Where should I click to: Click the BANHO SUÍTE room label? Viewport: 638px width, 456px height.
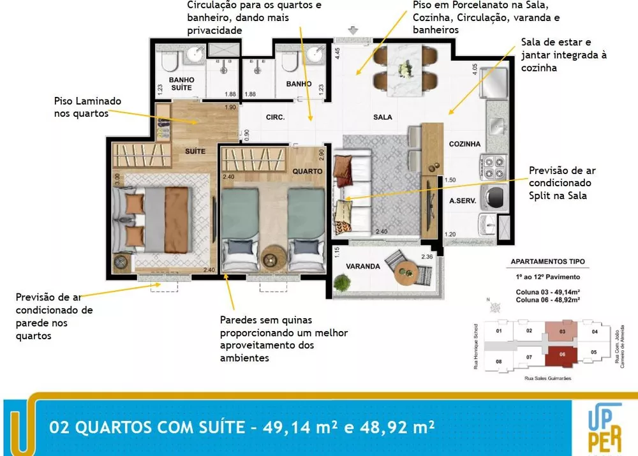coord(181,84)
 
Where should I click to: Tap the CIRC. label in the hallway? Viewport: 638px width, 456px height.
coord(275,117)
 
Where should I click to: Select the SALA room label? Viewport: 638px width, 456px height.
coord(383,117)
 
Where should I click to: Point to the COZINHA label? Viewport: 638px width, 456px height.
coord(464,144)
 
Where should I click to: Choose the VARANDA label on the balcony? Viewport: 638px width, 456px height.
coord(363,266)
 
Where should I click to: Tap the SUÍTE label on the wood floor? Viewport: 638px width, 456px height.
coord(195,151)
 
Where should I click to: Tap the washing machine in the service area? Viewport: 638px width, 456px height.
coord(493,198)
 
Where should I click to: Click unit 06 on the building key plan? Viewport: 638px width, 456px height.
coord(561,355)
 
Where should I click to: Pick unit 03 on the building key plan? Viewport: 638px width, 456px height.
coord(561,330)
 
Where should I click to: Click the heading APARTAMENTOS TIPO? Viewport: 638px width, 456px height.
coord(547,262)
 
